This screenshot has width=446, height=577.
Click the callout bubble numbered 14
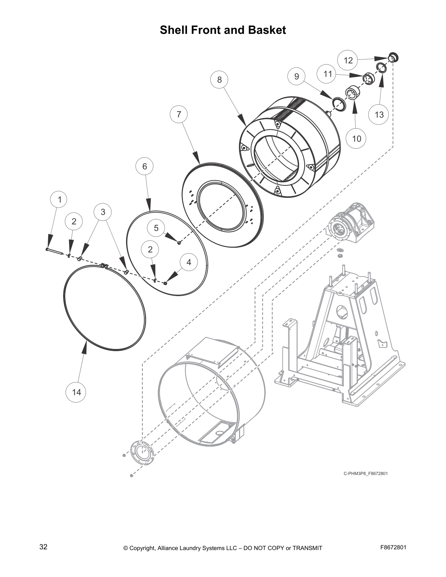tap(76, 392)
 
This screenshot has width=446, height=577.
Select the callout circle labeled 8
tap(219, 80)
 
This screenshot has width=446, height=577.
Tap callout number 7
tap(179, 114)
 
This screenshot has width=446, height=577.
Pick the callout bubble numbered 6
tap(145, 166)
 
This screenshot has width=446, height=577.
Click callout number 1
tap(60, 199)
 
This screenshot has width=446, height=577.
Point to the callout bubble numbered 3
tap(103, 212)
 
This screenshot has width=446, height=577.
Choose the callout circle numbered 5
tap(156, 228)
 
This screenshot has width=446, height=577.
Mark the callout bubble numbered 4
tap(189, 262)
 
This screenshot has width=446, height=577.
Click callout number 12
tap(348, 60)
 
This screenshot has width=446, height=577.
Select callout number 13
tap(379, 115)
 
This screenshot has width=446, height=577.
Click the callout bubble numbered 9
tap(297, 76)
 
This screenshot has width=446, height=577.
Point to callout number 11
tap(328, 74)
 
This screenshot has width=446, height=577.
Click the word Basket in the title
tap(267, 30)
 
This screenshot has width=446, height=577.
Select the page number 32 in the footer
tap(43, 547)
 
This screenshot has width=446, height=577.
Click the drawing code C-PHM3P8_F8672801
tap(365, 474)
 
